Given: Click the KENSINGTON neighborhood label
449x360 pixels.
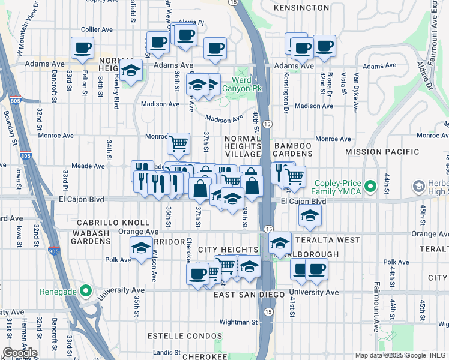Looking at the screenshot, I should (x=301, y=8).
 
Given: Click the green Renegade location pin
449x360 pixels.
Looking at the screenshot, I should (x=86, y=292).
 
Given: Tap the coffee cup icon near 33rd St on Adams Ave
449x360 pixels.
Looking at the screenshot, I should (x=82, y=48).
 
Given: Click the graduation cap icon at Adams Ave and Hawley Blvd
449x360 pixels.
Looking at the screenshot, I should (x=131, y=70).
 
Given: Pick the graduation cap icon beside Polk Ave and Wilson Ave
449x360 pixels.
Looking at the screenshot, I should (x=141, y=247).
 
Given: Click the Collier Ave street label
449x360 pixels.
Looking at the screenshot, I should (x=97, y=28).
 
